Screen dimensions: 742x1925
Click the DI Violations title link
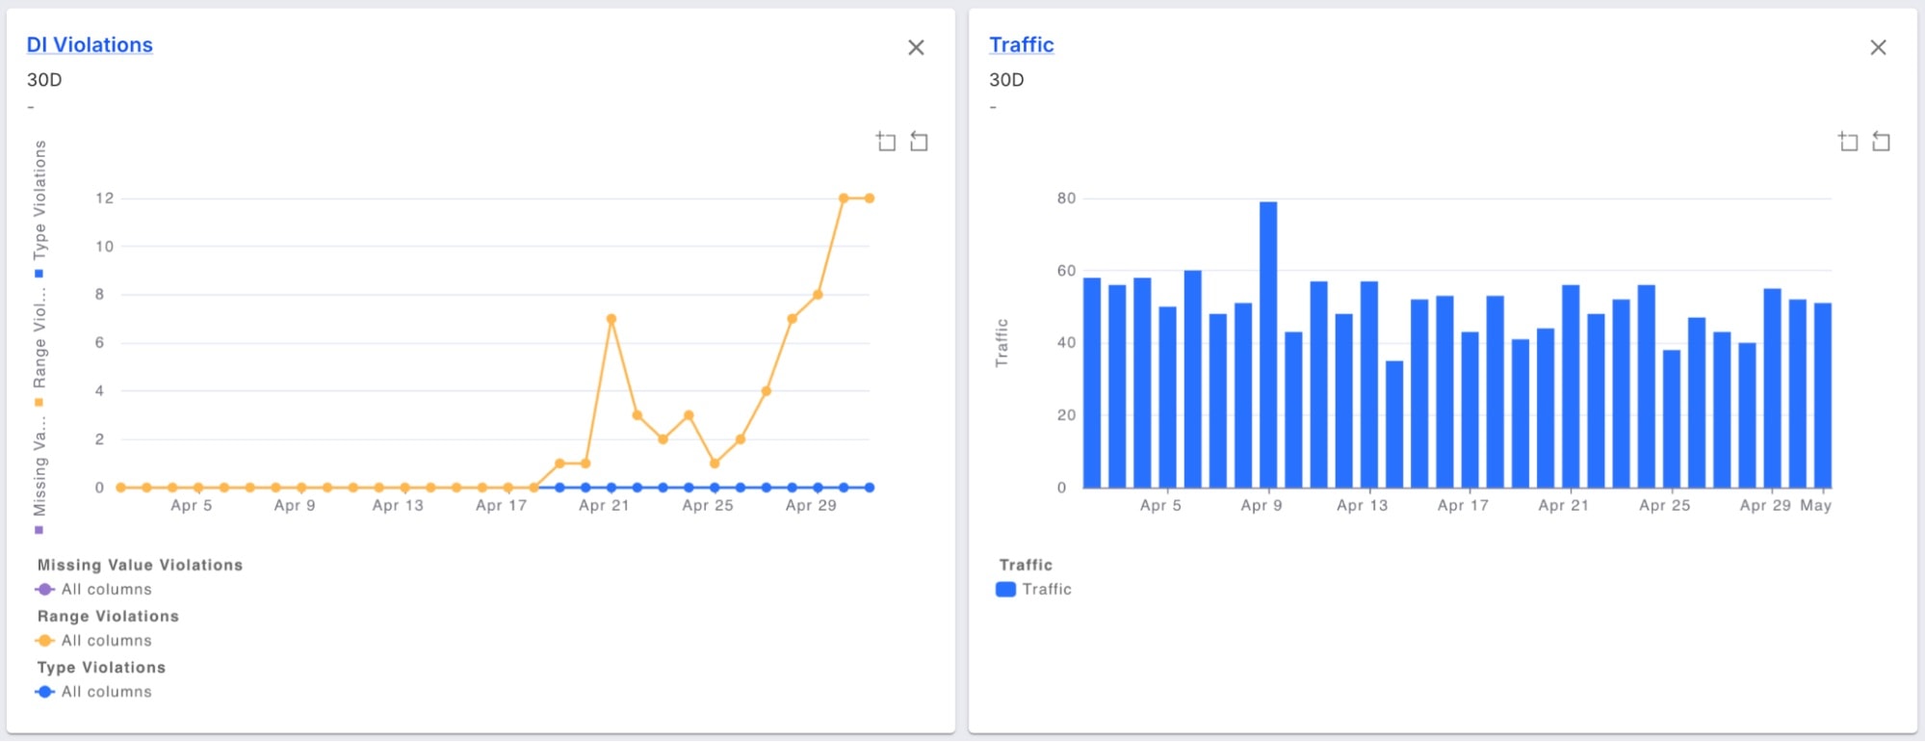pyautogui.click(x=90, y=45)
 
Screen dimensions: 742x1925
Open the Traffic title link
pyautogui.click(x=1021, y=45)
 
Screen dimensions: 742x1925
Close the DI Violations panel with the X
pyautogui.click(x=916, y=48)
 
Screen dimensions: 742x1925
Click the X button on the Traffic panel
pyautogui.click(x=1877, y=48)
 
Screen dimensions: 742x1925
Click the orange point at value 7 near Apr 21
pyautogui.click(x=611, y=319)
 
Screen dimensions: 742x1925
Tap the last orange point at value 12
pyautogui.click(x=870, y=199)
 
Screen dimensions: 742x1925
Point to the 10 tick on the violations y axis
pyautogui.click(x=104, y=247)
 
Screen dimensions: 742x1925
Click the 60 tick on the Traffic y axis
pyautogui.click(x=1066, y=271)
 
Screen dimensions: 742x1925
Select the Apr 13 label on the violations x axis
pyautogui.click(x=398, y=506)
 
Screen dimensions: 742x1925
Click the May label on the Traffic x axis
pyautogui.click(x=1815, y=506)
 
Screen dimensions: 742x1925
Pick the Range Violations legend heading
pyautogui.click(x=108, y=617)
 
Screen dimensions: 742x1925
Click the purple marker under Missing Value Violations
pyautogui.click(x=44, y=590)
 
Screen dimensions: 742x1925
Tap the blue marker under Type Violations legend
pyautogui.click(x=44, y=692)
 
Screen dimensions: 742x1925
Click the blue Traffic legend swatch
pyautogui.click(x=1005, y=590)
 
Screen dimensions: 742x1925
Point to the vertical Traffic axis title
pyautogui.click(x=1002, y=343)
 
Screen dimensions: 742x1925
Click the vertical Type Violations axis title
pyautogui.click(x=39, y=200)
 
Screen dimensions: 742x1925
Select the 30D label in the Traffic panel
pyautogui.click(x=1006, y=80)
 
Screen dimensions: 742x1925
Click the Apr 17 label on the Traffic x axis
pyautogui.click(x=1463, y=506)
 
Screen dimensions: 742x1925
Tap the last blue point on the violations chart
pyautogui.click(x=870, y=488)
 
